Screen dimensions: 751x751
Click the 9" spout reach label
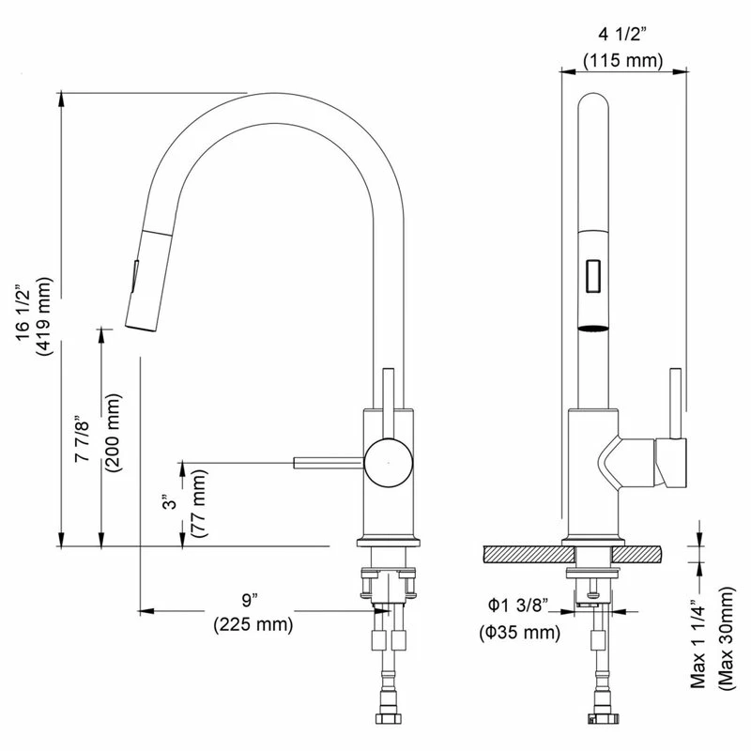click(x=248, y=598)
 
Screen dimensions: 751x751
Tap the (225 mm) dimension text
click(x=253, y=622)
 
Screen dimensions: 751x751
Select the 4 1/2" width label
click(x=622, y=36)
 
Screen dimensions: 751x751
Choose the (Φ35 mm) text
click(x=519, y=632)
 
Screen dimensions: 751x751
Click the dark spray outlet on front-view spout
click(x=593, y=328)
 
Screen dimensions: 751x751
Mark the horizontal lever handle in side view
click(x=329, y=460)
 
